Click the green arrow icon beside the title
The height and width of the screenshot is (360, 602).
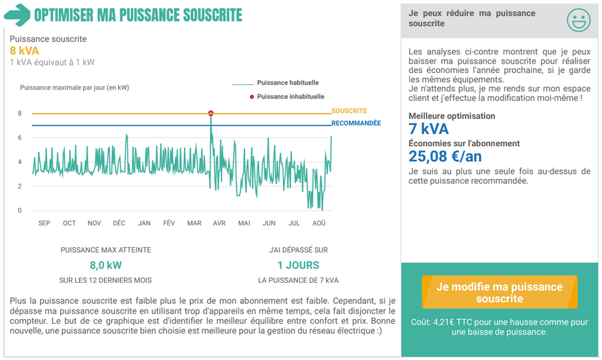tap(17, 15)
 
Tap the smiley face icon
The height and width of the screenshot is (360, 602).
tap(579, 20)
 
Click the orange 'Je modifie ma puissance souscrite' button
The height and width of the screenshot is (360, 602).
tap(500, 292)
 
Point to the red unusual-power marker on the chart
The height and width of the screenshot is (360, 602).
tap(210, 113)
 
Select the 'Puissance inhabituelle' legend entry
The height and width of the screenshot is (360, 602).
tap(287, 97)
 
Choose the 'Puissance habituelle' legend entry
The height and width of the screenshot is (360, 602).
tap(275, 83)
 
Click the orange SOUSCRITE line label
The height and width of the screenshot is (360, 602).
tap(349, 111)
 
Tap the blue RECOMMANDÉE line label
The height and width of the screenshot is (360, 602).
tap(356, 123)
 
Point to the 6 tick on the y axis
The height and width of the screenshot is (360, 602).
tap(20, 137)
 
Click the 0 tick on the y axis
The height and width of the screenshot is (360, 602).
tap(20, 210)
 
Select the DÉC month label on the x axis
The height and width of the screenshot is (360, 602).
tap(119, 223)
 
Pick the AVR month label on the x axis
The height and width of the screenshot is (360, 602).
tap(219, 223)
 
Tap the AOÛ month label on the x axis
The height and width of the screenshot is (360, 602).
tap(319, 223)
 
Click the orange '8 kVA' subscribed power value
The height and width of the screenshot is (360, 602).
tap(24, 51)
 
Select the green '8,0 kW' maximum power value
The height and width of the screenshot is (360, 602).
tap(106, 265)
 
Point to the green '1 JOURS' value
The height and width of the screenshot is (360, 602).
tap(299, 265)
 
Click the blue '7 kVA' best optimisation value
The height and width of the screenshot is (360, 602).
tap(428, 129)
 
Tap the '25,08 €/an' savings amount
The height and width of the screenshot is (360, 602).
tap(445, 156)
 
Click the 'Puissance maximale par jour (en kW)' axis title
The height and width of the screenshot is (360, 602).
tap(74, 87)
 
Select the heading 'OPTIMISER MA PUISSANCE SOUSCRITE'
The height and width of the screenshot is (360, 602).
tap(138, 15)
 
